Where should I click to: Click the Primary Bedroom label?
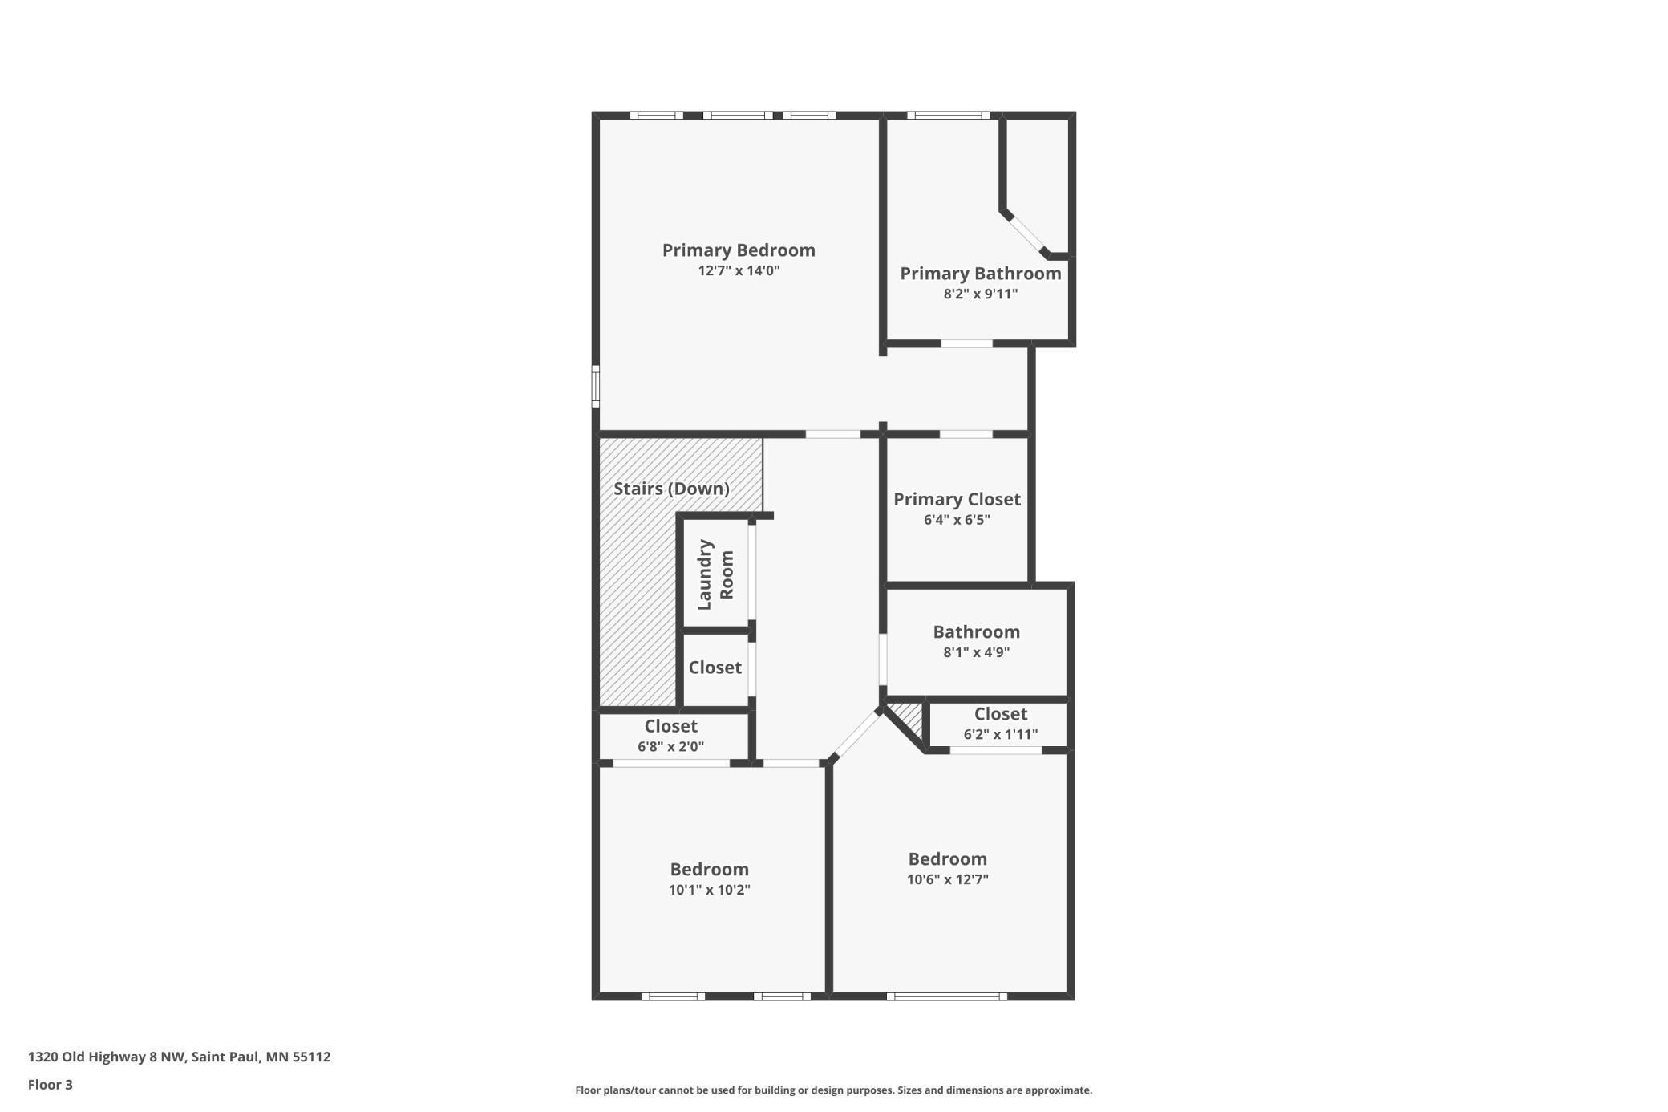(739, 250)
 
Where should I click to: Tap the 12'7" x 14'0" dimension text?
(739, 270)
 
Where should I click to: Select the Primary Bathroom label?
(980, 274)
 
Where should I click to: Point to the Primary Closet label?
(957, 499)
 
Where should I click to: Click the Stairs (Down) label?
(671, 489)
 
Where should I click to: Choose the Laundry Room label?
(715, 574)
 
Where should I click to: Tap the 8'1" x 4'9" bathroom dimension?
(976, 652)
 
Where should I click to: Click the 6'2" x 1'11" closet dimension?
(1000, 734)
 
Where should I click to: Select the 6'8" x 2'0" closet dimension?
(670, 746)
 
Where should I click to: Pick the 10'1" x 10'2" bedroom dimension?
(709, 890)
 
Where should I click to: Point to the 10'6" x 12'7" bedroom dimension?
(947, 879)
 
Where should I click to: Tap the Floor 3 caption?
(51, 1085)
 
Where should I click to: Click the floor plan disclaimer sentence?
(833, 1090)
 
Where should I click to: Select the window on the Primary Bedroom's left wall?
(596, 386)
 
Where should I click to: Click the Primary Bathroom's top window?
(948, 115)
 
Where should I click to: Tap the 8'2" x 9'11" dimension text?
(980, 294)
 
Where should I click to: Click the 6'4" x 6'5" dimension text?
(957, 520)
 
